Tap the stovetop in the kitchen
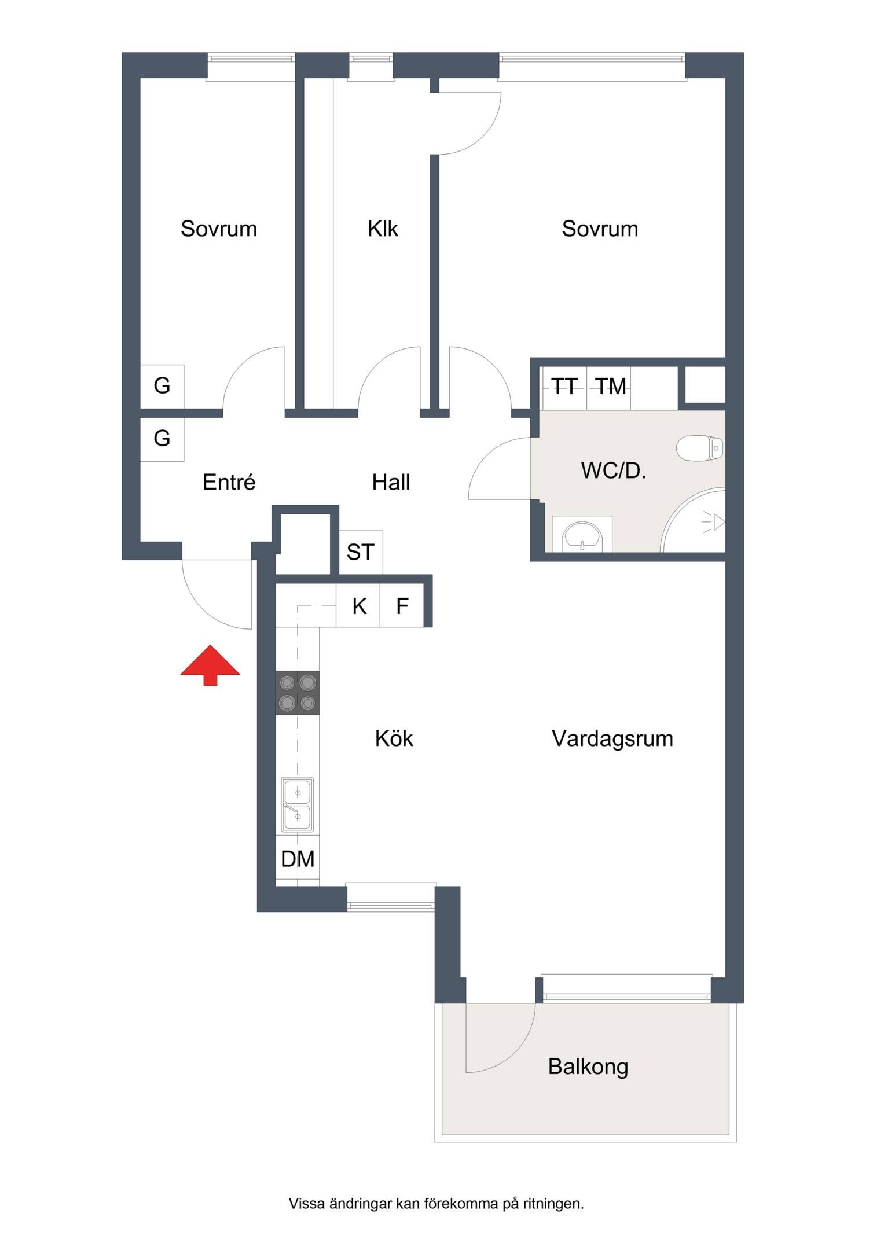coord(297,693)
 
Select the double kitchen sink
coord(298,804)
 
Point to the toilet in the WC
coord(700,448)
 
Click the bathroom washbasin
coord(582,534)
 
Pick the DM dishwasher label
coord(298,859)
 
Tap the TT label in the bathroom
coord(564,386)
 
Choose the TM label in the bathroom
coord(611,386)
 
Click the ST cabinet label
coord(361,552)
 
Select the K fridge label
coord(360,606)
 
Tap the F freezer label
coord(402,606)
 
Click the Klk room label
coord(383,229)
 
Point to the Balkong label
coord(588,1067)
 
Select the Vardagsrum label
coord(612,739)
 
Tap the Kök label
coord(394,738)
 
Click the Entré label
coord(229,482)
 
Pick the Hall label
coord(391,482)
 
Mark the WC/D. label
coord(614,471)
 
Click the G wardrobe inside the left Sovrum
coord(162,386)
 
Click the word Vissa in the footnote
coord(307,1204)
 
